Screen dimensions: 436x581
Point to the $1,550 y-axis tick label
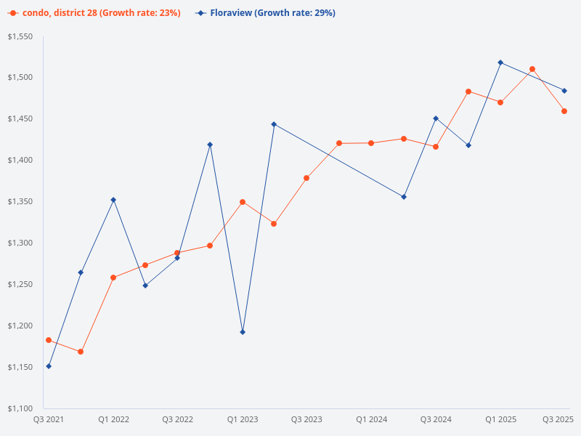20,36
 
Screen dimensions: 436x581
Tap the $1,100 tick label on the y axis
20,408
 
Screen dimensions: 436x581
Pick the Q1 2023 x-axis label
243,420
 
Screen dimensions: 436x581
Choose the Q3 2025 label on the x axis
558,420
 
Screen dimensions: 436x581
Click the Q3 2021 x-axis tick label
49,420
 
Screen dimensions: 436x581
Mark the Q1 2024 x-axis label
371,420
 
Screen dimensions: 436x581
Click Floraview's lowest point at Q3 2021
49,366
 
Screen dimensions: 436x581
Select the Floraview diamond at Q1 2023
243,332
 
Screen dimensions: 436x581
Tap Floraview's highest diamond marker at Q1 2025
500,62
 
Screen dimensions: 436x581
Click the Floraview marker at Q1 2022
113,200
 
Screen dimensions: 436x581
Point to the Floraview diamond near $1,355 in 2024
404,197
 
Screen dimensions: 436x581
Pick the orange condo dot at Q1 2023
243,202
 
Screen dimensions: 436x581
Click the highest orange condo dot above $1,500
532,69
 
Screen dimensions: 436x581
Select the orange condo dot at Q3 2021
49,340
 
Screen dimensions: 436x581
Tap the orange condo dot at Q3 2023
306,178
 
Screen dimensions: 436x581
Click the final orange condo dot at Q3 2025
564,111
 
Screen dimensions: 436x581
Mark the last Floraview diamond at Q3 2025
564,91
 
